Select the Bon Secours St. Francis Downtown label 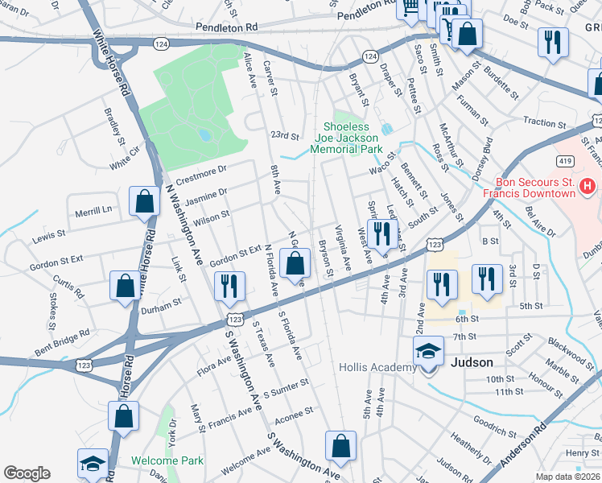(529, 187)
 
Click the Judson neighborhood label (472, 362)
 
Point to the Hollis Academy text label (377, 367)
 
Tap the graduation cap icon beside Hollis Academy (427, 351)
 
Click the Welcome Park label (167, 460)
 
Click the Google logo (27, 473)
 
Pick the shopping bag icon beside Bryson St (295, 262)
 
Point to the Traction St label (544, 123)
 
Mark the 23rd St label (284, 136)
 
